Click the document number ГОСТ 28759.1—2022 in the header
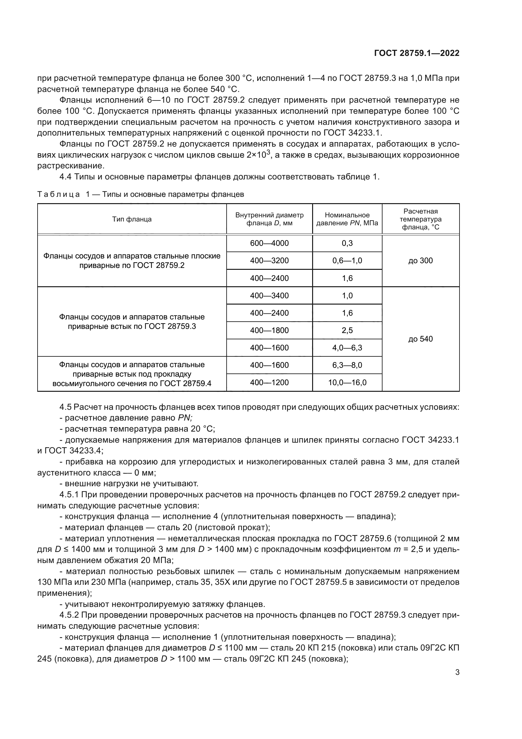click(x=417, y=53)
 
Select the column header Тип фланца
click(x=132, y=219)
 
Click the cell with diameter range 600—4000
click(x=269, y=243)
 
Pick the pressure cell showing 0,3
click(x=347, y=243)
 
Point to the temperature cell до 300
click(x=420, y=261)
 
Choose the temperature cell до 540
click(x=420, y=339)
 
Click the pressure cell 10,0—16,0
click(x=347, y=382)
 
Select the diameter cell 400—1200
click(x=269, y=382)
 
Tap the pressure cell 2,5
click(x=347, y=330)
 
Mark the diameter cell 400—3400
click(x=269, y=295)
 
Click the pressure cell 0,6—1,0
click(x=347, y=261)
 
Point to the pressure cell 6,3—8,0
click(x=347, y=365)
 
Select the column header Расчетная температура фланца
click(x=420, y=219)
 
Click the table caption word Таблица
click(x=58, y=194)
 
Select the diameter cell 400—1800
click(x=269, y=330)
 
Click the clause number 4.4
click(x=65, y=177)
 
